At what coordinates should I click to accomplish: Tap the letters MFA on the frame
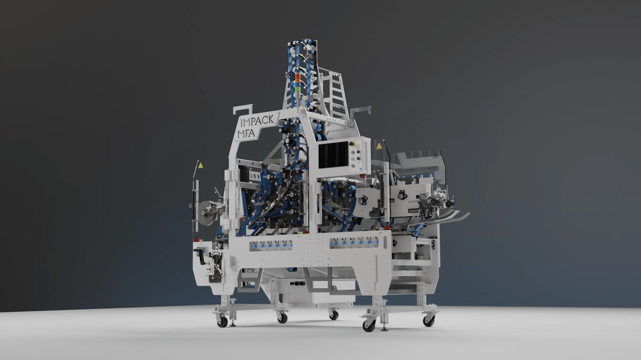click(246, 133)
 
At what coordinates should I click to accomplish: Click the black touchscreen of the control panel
click(333, 156)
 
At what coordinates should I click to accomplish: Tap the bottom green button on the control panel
click(353, 165)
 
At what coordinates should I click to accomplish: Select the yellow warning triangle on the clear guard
click(379, 147)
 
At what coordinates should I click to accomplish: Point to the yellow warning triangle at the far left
click(201, 165)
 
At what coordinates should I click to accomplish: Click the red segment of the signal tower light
click(298, 76)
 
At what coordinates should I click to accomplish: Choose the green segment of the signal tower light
click(298, 89)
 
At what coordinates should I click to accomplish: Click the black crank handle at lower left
click(201, 256)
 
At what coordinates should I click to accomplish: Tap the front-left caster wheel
click(223, 322)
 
